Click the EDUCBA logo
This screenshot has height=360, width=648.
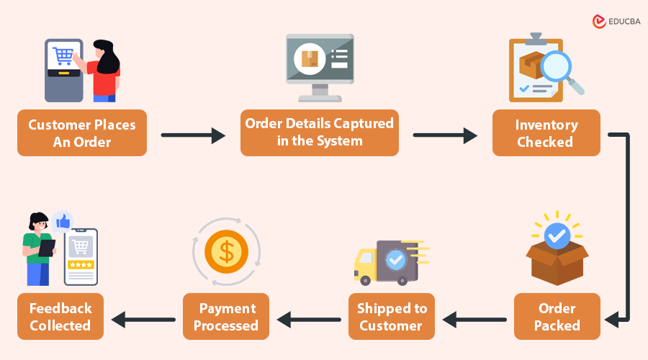pyautogui.click(x=615, y=22)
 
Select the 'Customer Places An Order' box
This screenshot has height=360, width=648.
pyautogui.click(x=82, y=133)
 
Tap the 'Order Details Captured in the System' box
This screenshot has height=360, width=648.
pyautogui.click(x=320, y=133)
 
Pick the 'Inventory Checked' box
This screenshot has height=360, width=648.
pyautogui.click(x=546, y=133)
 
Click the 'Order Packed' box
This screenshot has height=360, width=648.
pyautogui.click(x=557, y=317)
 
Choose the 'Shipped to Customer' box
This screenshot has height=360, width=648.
pyautogui.click(x=392, y=317)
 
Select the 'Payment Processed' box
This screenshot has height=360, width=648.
pyautogui.click(x=226, y=317)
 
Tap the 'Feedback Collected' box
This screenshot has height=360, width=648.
pyautogui.click(x=60, y=317)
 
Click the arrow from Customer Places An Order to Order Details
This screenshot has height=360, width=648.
pyautogui.click(x=193, y=134)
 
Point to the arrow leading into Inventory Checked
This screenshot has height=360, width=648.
pyautogui.click(x=445, y=134)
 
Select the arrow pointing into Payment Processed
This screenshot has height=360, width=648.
pyautogui.click(x=309, y=318)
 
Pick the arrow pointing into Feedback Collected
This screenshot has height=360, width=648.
pyautogui.click(x=143, y=318)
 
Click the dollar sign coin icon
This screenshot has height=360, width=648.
pyautogui.click(x=226, y=251)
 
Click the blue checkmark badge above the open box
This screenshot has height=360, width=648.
pyautogui.click(x=557, y=235)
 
